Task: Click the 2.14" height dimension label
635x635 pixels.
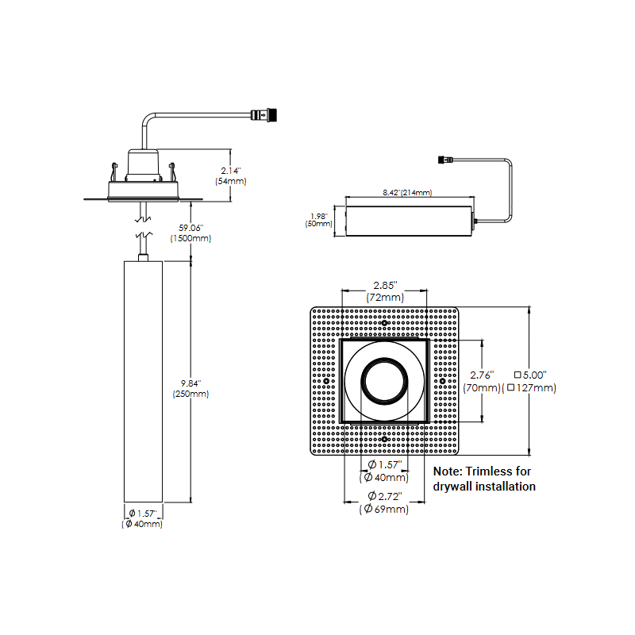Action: [x=229, y=170]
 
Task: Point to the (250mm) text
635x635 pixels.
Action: [x=191, y=394]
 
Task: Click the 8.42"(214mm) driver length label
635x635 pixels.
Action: [x=406, y=193]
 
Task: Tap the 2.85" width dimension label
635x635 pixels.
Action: [x=385, y=285]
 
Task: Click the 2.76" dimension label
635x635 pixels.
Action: [x=483, y=375]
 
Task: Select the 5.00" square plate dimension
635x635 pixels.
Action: [x=536, y=375]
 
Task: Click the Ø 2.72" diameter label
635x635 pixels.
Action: [x=383, y=496]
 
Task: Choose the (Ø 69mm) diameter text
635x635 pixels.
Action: [x=384, y=509]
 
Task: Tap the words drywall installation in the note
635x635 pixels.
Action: [x=484, y=486]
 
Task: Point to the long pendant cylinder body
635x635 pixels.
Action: [x=143, y=381]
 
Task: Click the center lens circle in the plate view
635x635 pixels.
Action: [x=384, y=381]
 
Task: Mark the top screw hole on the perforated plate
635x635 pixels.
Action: [x=384, y=324]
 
